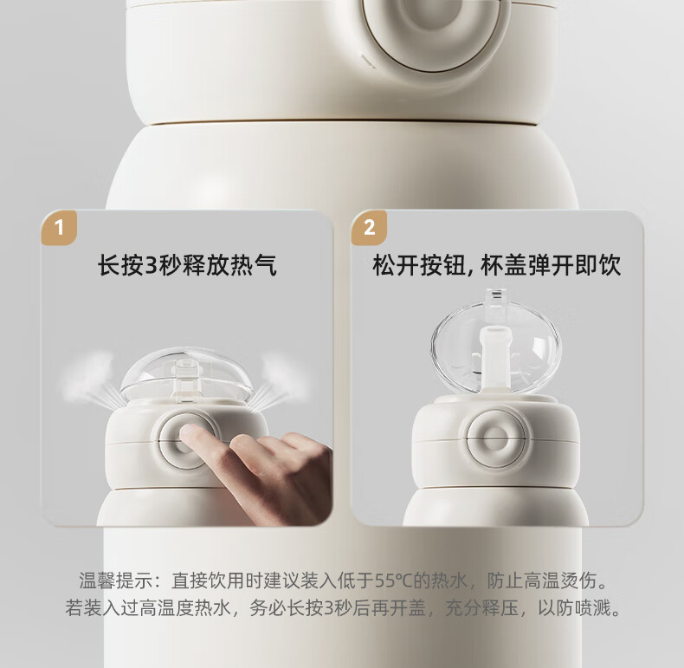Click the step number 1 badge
(x=59, y=228)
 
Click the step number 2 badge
(x=369, y=228)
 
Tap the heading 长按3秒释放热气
(x=187, y=265)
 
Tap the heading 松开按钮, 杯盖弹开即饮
(x=496, y=265)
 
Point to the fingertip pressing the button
(x=189, y=431)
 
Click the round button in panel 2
(x=496, y=438)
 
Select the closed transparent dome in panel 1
(x=186, y=375)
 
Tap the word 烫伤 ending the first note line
(x=578, y=580)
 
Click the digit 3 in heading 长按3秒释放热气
(x=151, y=265)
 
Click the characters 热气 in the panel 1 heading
(x=254, y=265)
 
